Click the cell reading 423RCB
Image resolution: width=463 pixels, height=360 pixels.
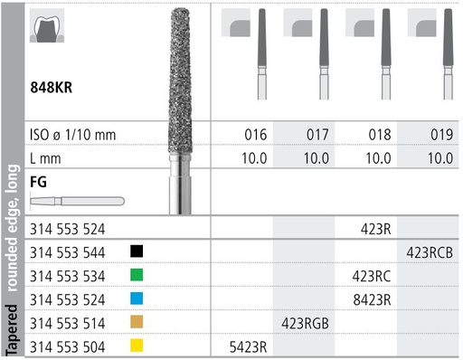click(x=430, y=251)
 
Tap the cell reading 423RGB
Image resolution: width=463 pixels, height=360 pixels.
click(x=307, y=322)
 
